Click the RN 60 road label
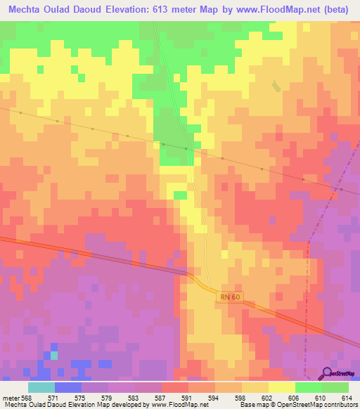[x=229, y=297]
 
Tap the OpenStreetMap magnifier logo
[x=328, y=373]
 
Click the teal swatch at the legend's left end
[x=41, y=387]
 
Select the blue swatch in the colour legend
[x=68, y=387]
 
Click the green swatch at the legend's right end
[x=335, y=387]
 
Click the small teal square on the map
[x=54, y=355]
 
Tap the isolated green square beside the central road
[x=181, y=195]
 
